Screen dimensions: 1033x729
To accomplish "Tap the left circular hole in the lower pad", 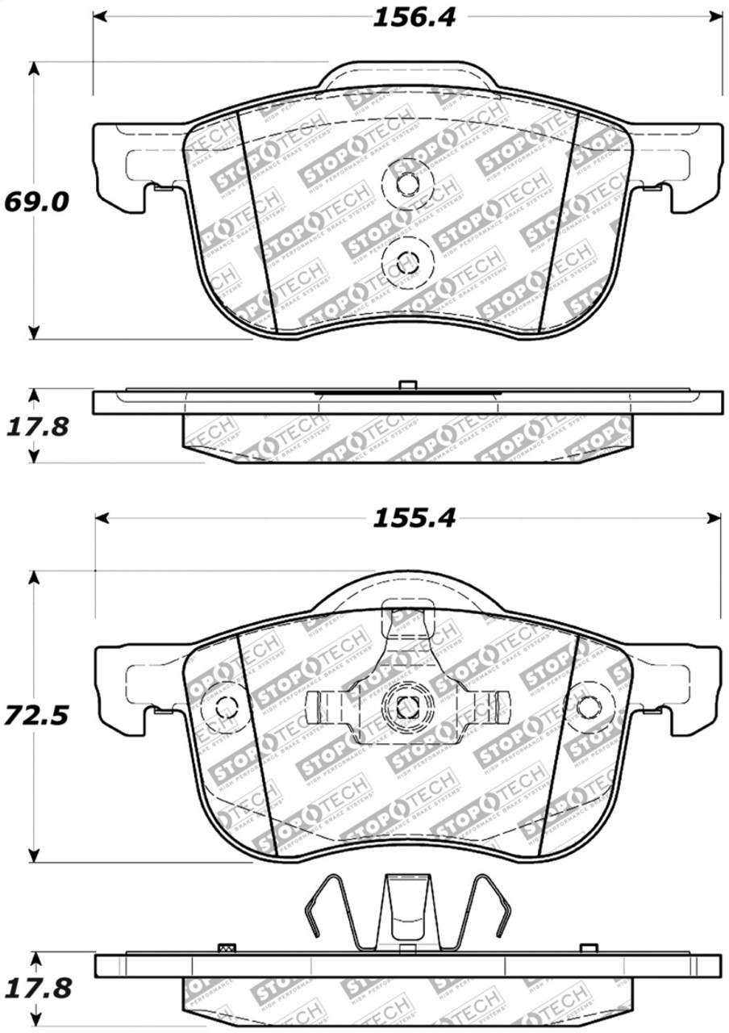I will pos(226,706).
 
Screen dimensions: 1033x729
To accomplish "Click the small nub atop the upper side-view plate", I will pos(407,386).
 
